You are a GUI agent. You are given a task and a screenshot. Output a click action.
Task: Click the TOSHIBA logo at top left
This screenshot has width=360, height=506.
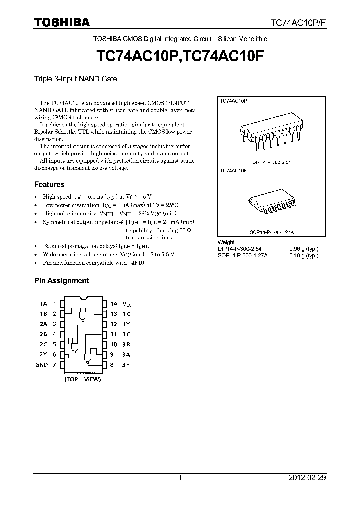tap(62, 22)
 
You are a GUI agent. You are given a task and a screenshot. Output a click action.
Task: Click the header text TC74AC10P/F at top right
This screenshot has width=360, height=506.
tap(298, 23)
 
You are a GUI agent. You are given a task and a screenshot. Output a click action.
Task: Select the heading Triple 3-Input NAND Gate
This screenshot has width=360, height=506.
tap(75, 79)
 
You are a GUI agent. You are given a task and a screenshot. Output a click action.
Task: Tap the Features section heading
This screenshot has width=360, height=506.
tap(49, 184)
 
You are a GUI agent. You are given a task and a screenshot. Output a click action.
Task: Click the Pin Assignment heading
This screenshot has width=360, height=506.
tap(61, 281)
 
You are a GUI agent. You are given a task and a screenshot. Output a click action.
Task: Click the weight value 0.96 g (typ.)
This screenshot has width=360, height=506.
tap(302, 249)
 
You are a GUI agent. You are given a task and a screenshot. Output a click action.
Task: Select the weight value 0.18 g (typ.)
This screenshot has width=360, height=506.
tap(302, 255)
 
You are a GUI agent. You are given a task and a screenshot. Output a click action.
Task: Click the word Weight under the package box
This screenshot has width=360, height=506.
tap(225, 242)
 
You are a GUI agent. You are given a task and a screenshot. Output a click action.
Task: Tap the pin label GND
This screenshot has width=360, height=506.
tap(42, 365)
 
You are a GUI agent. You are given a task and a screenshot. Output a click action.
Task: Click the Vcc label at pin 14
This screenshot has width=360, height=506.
tap(128, 304)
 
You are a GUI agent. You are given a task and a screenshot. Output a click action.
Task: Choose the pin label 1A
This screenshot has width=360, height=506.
tap(43, 304)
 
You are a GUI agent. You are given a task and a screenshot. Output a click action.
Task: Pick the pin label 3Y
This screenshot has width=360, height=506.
tap(126, 365)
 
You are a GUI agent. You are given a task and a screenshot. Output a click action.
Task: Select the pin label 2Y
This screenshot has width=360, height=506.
tap(43, 355)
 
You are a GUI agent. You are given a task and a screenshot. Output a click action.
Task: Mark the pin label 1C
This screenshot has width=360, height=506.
tap(127, 314)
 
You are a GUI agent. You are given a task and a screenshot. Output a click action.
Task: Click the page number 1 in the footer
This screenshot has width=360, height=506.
tap(180, 478)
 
